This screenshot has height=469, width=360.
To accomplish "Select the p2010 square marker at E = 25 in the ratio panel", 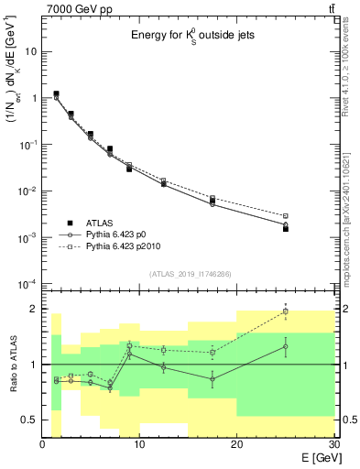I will [x=285, y=311].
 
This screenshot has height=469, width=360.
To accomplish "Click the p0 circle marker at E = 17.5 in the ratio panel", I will [x=213, y=378].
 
